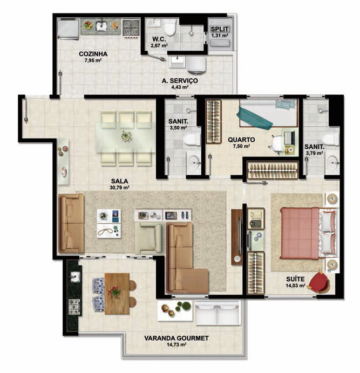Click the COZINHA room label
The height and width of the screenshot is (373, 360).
(x=93, y=54)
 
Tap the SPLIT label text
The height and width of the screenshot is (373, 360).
(x=220, y=29)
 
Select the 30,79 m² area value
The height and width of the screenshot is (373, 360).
(x=120, y=188)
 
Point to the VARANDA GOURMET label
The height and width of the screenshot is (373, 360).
(x=176, y=338)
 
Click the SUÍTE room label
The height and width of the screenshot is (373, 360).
(x=295, y=279)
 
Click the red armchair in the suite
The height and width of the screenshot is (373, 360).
(x=319, y=282)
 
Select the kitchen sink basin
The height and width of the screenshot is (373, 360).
(x=101, y=26)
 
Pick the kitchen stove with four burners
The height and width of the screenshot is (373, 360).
(x=131, y=28)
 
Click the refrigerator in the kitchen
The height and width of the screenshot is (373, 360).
(x=68, y=29)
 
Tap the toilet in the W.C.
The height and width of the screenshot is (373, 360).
(x=170, y=27)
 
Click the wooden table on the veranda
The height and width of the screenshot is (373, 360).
(x=117, y=293)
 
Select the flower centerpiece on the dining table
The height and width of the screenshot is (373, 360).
(x=126, y=136)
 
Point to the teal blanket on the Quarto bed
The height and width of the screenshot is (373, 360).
(x=254, y=118)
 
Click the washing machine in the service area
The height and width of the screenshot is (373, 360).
(x=196, y=65)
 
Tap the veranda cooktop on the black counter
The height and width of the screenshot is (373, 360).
(x=74, y=307)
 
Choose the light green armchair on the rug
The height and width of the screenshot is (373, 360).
(x=149, y=238)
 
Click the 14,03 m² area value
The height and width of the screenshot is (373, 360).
(x=295, y=286)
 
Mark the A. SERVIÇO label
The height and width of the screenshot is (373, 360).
(x=180, y=81)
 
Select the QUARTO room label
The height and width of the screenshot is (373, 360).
(x=241, y=140)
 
